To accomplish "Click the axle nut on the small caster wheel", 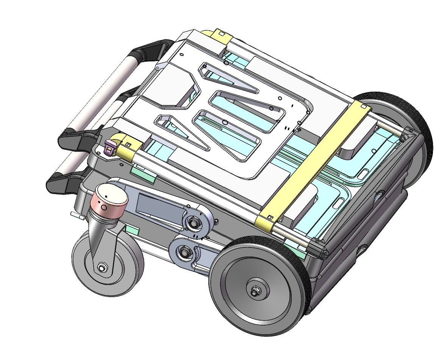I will [x=102, y=268].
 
